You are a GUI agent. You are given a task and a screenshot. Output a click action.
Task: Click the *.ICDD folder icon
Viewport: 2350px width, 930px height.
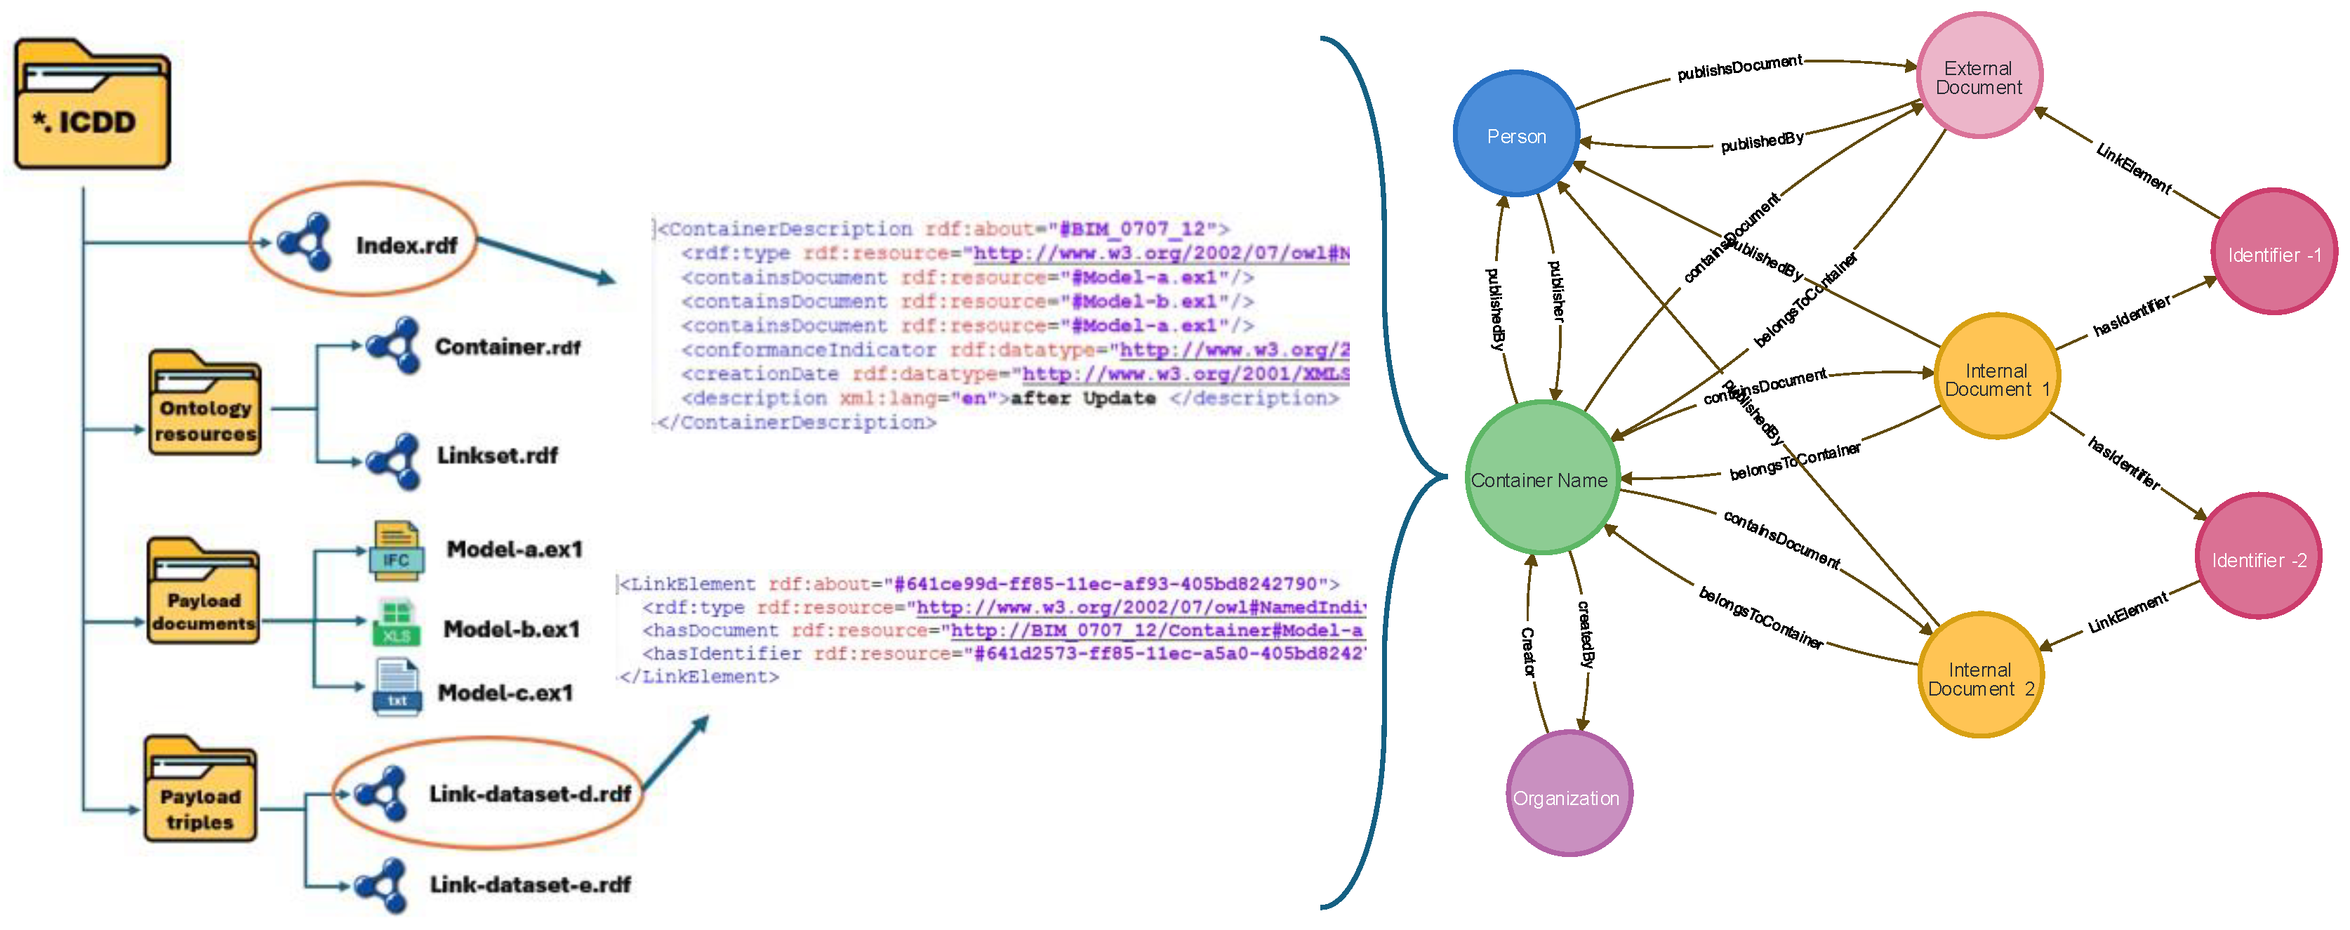(x=91, y=105)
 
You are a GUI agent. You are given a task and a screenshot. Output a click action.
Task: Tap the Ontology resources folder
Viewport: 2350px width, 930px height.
(x=204, y=404)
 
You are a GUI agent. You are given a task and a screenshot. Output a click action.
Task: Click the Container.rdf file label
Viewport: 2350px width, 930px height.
(x=507, y=347)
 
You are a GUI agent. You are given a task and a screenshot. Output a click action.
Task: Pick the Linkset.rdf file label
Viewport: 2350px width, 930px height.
(x=497, y=455)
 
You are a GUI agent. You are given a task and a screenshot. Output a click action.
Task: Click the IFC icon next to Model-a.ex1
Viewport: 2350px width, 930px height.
(x=396, y=551)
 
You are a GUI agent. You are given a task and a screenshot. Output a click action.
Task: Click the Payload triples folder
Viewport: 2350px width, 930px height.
(x=200, y=791)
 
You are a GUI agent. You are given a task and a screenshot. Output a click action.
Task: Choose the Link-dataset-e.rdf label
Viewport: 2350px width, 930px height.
(x=530, y=884)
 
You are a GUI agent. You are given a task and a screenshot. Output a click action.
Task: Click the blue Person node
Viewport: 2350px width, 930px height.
(x=1516, y=135)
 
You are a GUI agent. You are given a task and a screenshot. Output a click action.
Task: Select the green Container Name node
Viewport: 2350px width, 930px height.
(x=1541, y=478)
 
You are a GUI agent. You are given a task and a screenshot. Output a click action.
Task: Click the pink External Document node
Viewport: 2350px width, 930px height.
(x=1979, y=77)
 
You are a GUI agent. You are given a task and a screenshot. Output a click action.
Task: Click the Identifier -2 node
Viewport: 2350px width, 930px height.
(x=2258, y=557)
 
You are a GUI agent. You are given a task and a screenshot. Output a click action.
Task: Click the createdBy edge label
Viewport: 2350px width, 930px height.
(x=1586, y=635)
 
